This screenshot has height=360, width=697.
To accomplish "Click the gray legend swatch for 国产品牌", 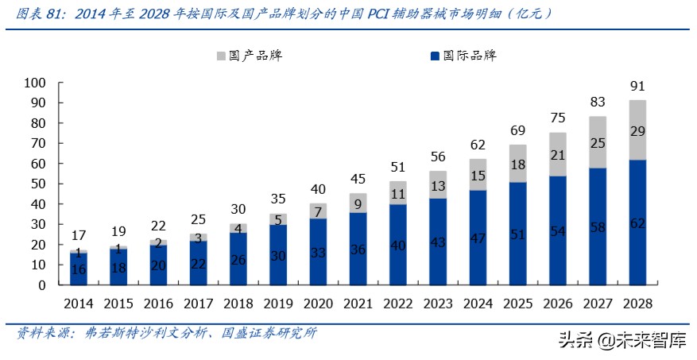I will click(x=221, y=56).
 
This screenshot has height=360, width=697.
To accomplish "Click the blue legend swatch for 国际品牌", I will click(x=435, y=56).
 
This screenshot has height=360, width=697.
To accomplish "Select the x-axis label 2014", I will click(x=79, y=304).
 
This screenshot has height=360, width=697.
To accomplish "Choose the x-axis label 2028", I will click(x=637, y=304).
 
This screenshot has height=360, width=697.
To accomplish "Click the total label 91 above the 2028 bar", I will click(x=637, y=86).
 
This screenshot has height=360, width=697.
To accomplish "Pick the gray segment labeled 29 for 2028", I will click(x=637, y=130).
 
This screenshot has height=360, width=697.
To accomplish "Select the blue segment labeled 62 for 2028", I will click(x=637, y=223).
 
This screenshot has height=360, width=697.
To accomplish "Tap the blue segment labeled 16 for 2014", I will click(x=79, y=269).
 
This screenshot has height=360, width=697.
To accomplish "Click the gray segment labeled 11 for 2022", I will click(x=398, y=193).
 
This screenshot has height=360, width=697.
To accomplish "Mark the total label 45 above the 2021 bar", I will click(x=358, y=179).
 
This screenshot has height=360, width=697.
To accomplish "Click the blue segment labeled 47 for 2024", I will click(x=478, y=238).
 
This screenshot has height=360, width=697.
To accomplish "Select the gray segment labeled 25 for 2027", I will click(x=598, y=142).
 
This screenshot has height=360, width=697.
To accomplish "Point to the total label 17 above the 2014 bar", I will click(x=79, y=235).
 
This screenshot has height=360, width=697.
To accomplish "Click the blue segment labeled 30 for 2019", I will click(x=278, y=255).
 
